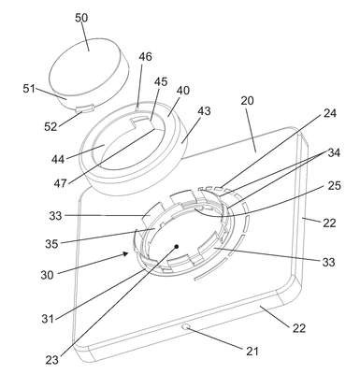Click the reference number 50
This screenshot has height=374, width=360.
(x=81, y=18)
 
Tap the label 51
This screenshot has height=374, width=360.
(x=29, y=89)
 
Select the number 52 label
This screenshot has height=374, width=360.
(x=50, y=126)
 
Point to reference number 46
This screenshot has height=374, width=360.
(x=145, y=57)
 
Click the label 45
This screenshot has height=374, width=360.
(x=161, y=81)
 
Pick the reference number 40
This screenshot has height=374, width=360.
(x=183, y=91)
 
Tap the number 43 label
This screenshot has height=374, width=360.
(x=204, y=111)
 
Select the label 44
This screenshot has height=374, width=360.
(x=58, y=160)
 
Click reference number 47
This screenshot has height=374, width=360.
(x=60, y=183)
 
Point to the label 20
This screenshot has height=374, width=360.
(x=247, y=101)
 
